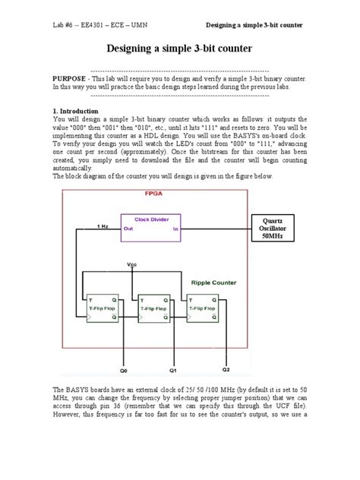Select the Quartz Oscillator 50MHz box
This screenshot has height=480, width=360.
[272, 229]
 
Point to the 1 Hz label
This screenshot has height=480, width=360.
[102, 226]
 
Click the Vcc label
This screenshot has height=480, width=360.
[132, 264]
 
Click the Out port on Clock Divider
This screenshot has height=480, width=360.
[128, 229]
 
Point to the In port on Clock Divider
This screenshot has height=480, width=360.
[176, 229]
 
